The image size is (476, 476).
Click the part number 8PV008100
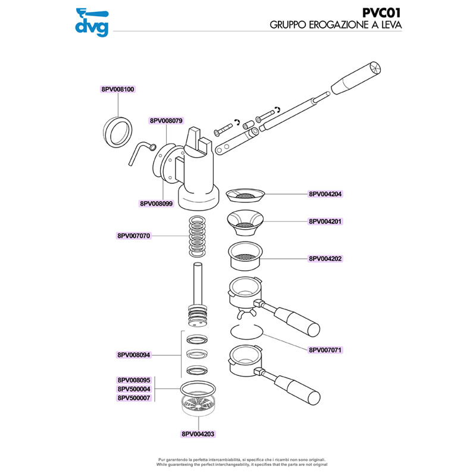[118, 89]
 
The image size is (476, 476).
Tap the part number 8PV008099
[156, 203]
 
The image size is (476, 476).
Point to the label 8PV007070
[134, 236]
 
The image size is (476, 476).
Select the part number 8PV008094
[134, 355]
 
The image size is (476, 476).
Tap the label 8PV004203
[198, 434]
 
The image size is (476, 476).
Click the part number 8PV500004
[134, 389]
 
